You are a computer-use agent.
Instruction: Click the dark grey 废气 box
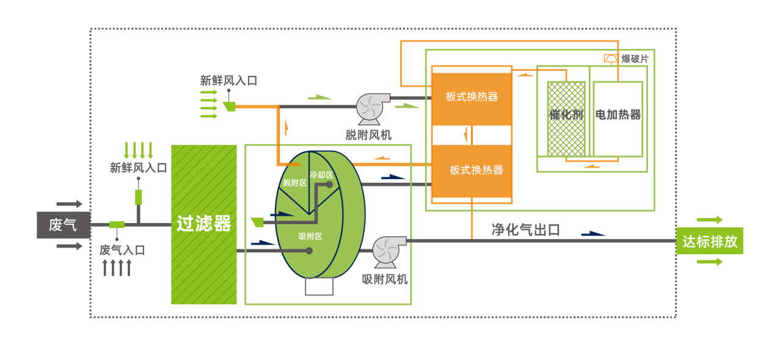point(64,225)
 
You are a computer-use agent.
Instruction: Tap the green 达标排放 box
point(710,241)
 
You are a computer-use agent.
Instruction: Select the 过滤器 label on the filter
point(204,224)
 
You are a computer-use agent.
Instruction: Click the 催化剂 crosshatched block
point(566,119)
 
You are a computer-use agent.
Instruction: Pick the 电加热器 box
point(618,119)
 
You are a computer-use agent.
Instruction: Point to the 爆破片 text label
point(635,59)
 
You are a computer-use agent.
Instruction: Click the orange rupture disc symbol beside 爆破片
point(611,59)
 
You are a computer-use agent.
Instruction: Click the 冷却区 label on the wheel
point(321,175)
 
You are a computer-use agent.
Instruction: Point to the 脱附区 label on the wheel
point(294,183)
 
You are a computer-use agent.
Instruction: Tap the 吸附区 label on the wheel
point(310,236)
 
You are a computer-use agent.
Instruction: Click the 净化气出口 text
point(525,230)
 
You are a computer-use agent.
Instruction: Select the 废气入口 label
point(122,250)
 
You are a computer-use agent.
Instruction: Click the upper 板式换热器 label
point(472,97)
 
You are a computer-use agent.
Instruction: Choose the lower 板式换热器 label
point(476,170)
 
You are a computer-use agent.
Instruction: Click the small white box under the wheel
point(319,286)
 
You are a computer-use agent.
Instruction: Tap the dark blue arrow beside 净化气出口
point(593,233)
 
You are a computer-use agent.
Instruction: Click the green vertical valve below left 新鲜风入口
point(138,197)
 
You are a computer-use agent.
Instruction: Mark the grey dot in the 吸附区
point(309,251)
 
